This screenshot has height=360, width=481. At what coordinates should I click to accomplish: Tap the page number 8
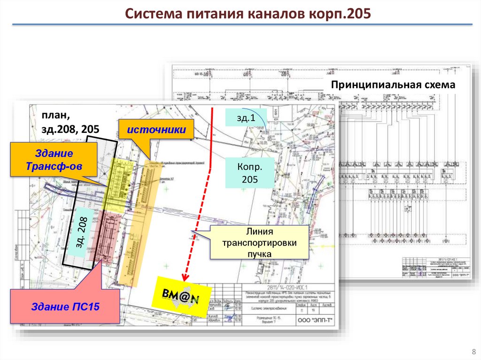(x=473, y=352)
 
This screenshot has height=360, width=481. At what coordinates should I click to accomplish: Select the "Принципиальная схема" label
(x=393, y=85)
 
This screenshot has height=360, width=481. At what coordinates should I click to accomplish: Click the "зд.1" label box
(x=246, y=117)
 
